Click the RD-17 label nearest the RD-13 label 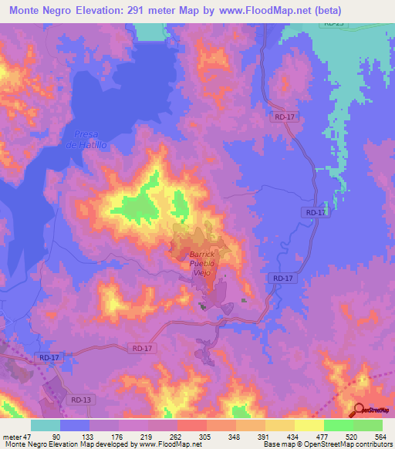tap(48, 358)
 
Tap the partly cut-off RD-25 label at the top tap(333, 24)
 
